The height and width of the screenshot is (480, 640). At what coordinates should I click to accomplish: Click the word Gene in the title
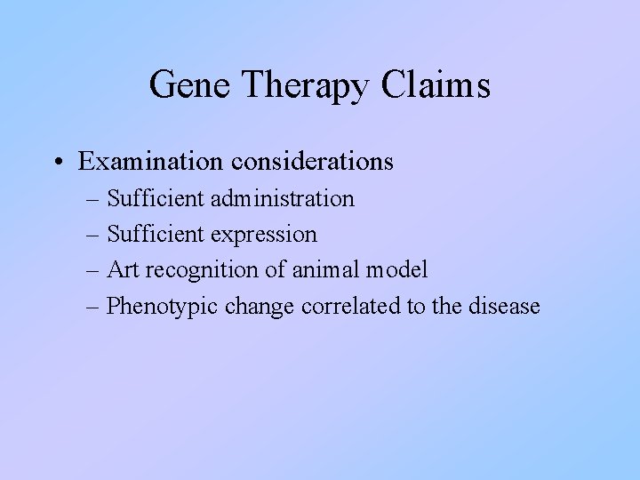[x=189, y=85]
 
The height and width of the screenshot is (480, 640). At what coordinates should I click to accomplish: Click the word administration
[x=284, y=198]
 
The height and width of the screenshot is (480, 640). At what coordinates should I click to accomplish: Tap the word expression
[x=265, y=235]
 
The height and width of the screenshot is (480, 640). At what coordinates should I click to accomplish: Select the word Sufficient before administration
[x=156, y=198]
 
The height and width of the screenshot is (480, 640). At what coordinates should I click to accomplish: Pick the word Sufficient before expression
[x=156, y=235]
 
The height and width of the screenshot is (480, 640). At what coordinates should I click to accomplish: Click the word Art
[x=122, y=270]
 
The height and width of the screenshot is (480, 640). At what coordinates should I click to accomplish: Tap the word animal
[x=318, y=270]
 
